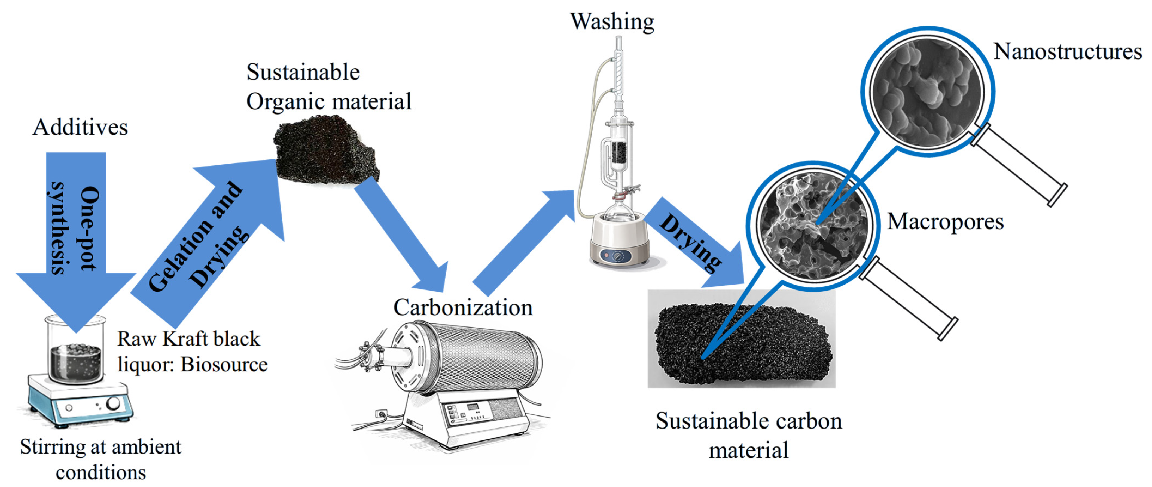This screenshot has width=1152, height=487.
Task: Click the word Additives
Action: click(81, 127)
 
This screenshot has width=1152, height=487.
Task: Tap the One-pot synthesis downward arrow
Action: click(76, 232)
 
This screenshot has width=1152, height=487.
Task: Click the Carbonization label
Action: click(463, 307)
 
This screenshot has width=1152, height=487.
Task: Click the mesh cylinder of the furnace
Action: click(483, 357)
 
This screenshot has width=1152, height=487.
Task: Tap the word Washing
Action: click(612, 21)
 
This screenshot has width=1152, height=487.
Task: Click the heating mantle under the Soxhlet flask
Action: click(619, 241)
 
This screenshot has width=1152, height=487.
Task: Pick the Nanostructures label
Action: click(1068, 52)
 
